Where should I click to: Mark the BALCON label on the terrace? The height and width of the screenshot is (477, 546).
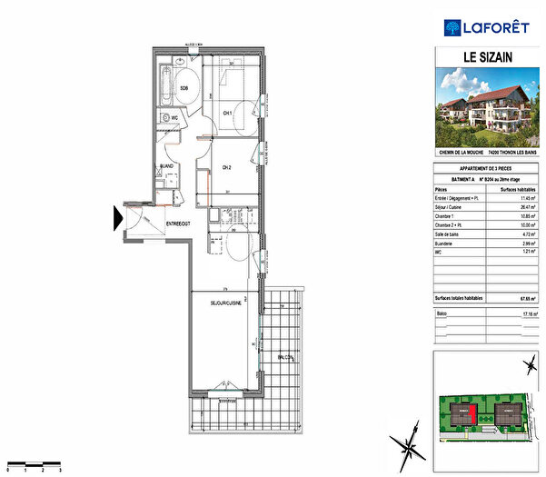(x=286, y=358)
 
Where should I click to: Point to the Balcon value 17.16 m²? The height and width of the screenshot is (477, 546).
(x=529, y=313)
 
